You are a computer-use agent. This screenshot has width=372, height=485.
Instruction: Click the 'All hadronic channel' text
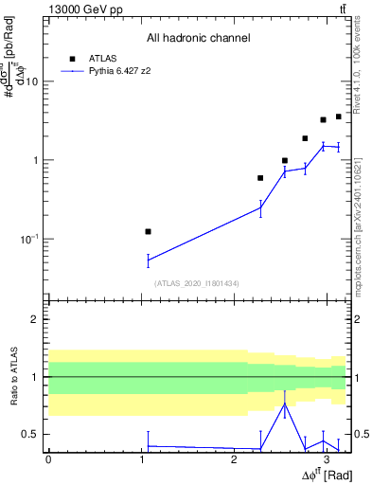[198, 38]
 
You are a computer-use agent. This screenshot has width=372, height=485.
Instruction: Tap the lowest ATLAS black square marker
[148, 231]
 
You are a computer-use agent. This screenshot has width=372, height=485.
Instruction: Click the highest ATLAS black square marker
[338, 117]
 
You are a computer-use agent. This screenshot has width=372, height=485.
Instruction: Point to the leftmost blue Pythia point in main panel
[148, 260]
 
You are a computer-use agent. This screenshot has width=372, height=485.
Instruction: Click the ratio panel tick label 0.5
[32, 435]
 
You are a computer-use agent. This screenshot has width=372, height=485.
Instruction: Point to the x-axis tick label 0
[48, 459]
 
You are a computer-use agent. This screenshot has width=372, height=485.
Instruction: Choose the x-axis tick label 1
[141, 459]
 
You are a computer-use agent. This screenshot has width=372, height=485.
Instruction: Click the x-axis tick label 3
[326, 459]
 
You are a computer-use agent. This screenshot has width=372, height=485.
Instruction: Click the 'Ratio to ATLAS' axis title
[13, 378]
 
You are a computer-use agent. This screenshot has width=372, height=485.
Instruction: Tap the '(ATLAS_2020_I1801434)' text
[198, 283]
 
